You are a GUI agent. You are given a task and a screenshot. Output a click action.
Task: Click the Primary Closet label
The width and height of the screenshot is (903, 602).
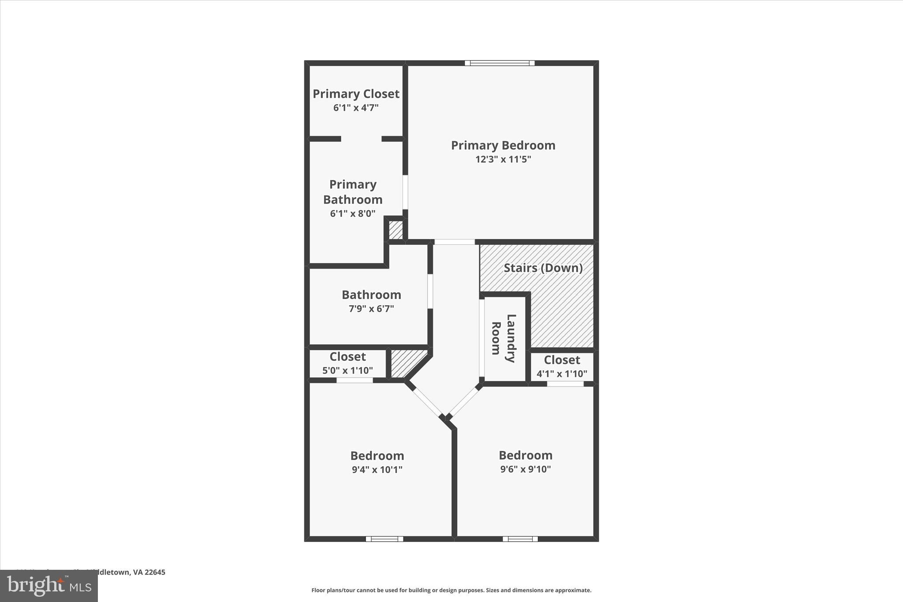click(356, 94)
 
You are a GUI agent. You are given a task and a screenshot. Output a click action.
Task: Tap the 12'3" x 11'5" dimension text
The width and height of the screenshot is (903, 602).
click(503, 159)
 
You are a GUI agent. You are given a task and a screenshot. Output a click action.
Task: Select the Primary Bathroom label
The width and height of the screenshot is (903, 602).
click(353, 192)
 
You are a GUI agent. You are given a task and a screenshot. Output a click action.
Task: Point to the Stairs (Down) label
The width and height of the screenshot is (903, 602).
click(543, 268)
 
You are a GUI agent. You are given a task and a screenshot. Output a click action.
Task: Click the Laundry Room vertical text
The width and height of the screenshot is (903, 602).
click(503, 338)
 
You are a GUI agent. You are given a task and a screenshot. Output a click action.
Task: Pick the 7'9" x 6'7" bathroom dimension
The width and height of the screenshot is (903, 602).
click(371, 309)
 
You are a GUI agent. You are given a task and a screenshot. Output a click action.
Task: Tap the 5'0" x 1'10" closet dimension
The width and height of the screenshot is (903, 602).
click(347, 370)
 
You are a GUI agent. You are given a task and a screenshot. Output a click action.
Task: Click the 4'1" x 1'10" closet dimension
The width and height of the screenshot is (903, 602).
click(562, 374)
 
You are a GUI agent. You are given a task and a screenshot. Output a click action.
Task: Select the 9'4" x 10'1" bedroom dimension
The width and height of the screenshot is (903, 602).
click(377, 470)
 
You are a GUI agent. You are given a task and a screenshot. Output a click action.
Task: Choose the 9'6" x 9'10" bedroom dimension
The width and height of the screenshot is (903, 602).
click(525, 469)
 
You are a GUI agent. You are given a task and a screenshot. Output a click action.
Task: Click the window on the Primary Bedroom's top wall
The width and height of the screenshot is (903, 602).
click(500, 63)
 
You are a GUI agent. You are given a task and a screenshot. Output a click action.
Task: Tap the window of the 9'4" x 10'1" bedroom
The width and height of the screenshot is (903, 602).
click(384, 539)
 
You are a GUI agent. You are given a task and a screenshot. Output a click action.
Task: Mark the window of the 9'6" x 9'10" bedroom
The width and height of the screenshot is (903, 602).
click(520, 539)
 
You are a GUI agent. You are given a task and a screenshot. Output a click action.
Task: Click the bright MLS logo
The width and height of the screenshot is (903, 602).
click(49, 586)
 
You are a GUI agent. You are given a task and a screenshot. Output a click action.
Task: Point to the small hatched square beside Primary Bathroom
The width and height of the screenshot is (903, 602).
click(396, 230)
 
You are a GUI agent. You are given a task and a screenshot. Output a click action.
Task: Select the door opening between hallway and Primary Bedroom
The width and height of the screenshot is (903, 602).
click(455, 242)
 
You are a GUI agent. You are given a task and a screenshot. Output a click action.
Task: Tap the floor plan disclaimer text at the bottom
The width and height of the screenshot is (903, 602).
click(451, 590)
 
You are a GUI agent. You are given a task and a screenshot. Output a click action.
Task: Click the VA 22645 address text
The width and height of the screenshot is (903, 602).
click(132, 572)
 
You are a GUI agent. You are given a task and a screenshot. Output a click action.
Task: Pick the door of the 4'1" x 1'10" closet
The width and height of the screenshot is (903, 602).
click(565, 384)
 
